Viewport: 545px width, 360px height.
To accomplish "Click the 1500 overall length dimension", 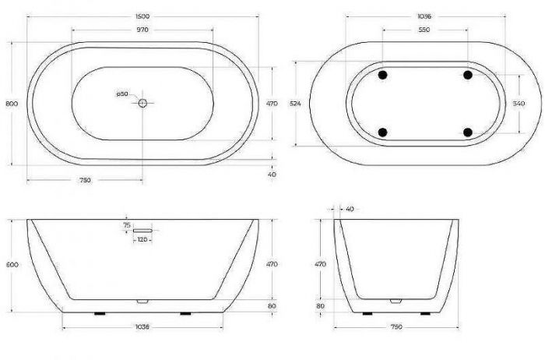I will (x=142, y=15).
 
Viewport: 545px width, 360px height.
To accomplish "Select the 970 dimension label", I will (x=142, y=30).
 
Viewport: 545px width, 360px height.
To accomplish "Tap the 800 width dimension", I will (x=11, y=103).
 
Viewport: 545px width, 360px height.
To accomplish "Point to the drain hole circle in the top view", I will (x=142, y=102).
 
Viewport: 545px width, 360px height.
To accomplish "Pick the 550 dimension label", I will (x=424, y=30).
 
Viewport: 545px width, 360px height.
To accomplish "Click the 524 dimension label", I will (x=294, y=103).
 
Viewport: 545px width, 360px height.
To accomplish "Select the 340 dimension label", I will (x=529, y=103).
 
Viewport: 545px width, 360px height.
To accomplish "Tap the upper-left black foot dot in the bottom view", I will (x=382, y=75).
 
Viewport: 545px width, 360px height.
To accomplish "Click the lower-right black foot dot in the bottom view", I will (x=468, y=132).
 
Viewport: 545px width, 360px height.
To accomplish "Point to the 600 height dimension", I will (x=11, y=265).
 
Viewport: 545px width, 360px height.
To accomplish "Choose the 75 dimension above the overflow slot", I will (x=126, y=224).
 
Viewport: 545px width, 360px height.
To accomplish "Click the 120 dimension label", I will (x=142, y=241).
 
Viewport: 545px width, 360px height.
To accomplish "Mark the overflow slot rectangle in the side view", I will (x=142, y=231).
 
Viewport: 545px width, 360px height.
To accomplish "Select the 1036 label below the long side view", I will (x=142, y=327).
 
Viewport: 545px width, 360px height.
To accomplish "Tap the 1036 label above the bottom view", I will (x=424, y=15).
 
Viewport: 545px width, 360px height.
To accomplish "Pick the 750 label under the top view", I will (x=85, y=180).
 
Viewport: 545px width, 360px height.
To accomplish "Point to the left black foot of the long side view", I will (x=99, y=313).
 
